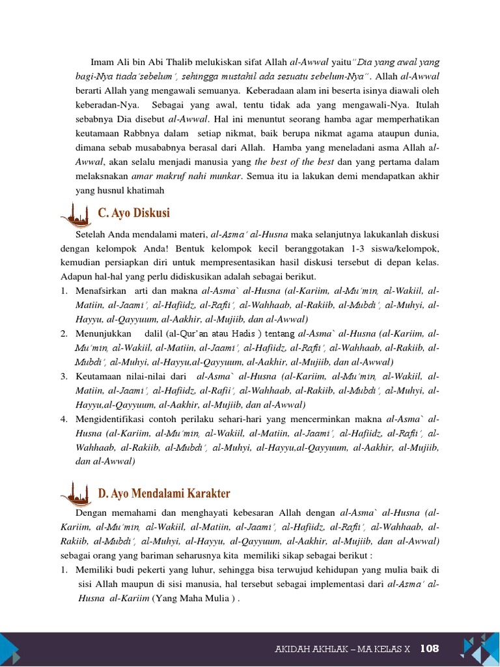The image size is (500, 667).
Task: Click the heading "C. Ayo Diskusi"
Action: pyautogui.click(x=133, y=213)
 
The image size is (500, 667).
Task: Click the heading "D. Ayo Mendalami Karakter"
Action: pyautogui.click(x=164, y=494)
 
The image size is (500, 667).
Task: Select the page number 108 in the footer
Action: pyautogui.click(x=430, y=648)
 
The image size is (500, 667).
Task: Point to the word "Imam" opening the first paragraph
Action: pyautogui.click(x=102, y=62)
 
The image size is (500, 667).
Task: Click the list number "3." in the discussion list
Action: pyautogui.click(x=64, y=376)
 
